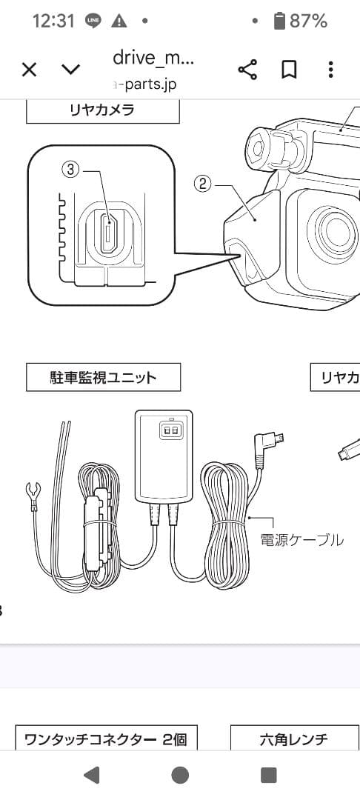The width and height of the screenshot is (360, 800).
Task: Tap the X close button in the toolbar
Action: (x=29, y=70)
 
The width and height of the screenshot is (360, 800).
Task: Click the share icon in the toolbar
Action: (x=247, y=70)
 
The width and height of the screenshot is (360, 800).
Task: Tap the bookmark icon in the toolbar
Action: (x=289, y=70)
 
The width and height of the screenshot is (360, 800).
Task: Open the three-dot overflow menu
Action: (x=330, y=70)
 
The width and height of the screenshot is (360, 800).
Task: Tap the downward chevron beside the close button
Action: (x=70, y=70)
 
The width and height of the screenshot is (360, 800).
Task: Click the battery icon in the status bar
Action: (x=279, y=21)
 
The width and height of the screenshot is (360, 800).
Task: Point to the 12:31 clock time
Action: (x=53, y=21)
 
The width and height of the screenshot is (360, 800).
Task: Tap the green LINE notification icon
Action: (x=93, y=21)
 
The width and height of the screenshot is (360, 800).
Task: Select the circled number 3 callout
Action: (x=70, y=170)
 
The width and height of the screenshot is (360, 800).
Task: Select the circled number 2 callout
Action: (x=203, y=180)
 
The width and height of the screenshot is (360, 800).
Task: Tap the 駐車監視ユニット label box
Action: (x=102, y=377)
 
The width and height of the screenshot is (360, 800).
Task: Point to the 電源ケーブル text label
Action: (x=301, y=540)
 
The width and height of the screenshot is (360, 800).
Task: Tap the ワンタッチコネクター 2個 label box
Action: (x=106, y=739)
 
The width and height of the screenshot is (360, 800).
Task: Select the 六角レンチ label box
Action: (x=293, y=739)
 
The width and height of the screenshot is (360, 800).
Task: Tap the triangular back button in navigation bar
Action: (x=92, y=775)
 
